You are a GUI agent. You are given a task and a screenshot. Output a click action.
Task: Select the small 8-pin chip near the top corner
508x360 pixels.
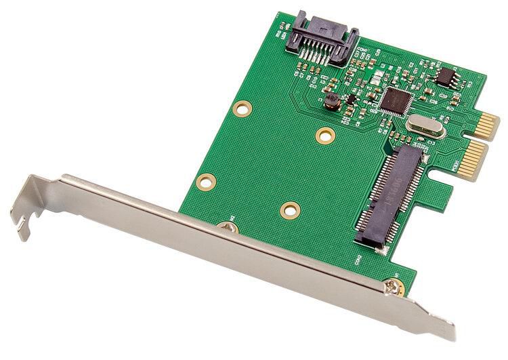point(445,77)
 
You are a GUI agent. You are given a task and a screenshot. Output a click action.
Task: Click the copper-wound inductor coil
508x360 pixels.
point(331,102)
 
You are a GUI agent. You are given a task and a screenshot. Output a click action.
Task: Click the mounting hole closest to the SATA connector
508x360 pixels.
point(241,108)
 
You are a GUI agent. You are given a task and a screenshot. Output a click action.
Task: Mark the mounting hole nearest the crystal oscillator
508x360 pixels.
point(325,135)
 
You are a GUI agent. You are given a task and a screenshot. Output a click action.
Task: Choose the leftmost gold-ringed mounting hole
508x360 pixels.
point(205,182)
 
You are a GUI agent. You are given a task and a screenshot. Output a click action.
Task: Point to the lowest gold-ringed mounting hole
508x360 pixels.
point(290,210)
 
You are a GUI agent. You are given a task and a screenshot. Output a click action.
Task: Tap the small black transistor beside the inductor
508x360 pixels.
point(351,99)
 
